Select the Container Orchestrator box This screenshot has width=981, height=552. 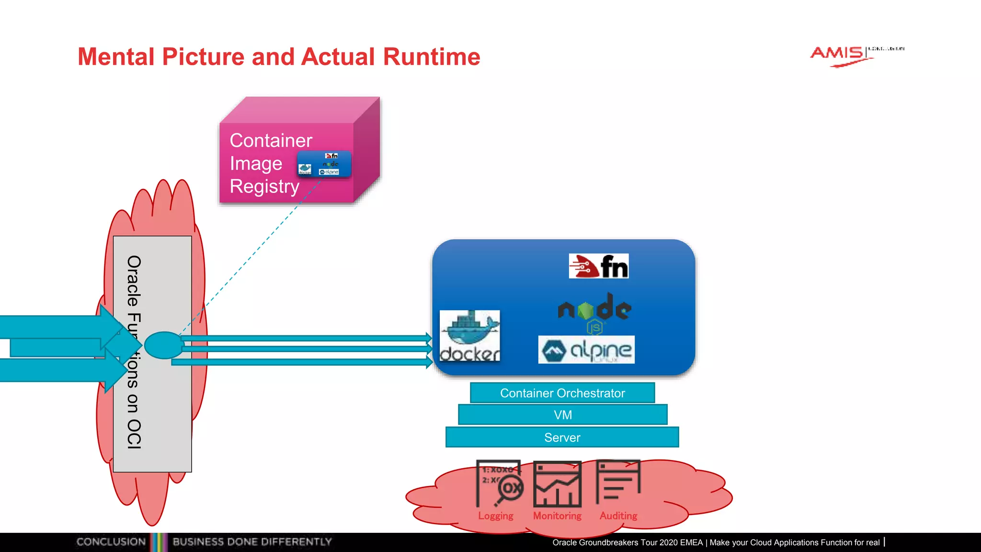point(562,393)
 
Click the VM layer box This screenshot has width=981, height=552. point(562,415)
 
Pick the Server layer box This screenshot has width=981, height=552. point(562,437)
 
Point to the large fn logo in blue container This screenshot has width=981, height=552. point(598,266)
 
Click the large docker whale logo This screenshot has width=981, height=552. point(469,335)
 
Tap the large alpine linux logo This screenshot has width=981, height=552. point(586,350)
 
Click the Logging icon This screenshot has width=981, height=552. point(499,484)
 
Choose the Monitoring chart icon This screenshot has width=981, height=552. point(557,484)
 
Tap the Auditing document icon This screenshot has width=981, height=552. point(618,482)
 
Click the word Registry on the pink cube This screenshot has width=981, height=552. point(264,186)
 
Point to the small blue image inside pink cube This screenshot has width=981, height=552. point(324,164)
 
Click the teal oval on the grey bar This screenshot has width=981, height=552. point(164,345)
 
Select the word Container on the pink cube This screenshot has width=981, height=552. point(271,141)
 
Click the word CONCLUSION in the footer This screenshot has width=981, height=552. point(111,542)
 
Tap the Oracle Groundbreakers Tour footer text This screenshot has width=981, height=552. point(716,542)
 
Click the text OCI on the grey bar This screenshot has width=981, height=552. point(134,434)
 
